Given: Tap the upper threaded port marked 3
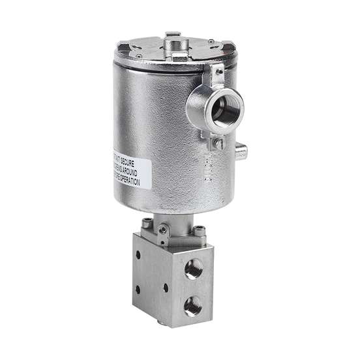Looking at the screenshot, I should click(193, 269).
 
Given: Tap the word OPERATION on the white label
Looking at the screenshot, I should click(134, 180).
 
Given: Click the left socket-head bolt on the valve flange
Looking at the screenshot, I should click(149, 224).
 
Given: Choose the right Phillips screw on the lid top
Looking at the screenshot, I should click(210, 42).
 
